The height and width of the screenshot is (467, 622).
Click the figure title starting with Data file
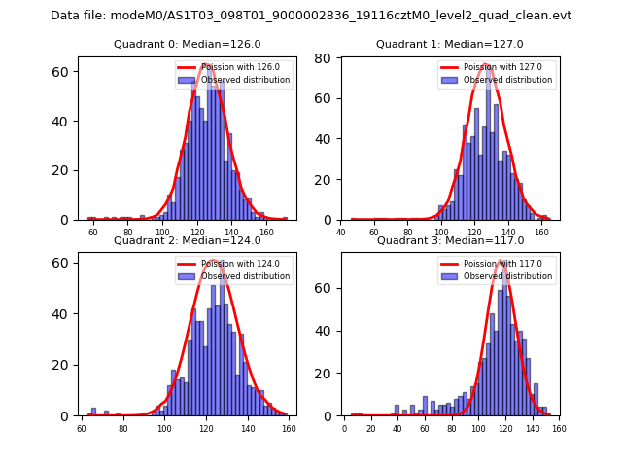(311, 16)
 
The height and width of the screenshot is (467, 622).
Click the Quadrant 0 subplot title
(188, 44)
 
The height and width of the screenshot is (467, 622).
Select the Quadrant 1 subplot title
(450, 44)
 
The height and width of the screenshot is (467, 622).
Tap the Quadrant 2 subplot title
(188, 240)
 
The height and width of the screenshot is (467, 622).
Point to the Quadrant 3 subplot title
(450, 240)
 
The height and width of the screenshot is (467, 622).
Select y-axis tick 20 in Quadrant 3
(325, 374)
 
